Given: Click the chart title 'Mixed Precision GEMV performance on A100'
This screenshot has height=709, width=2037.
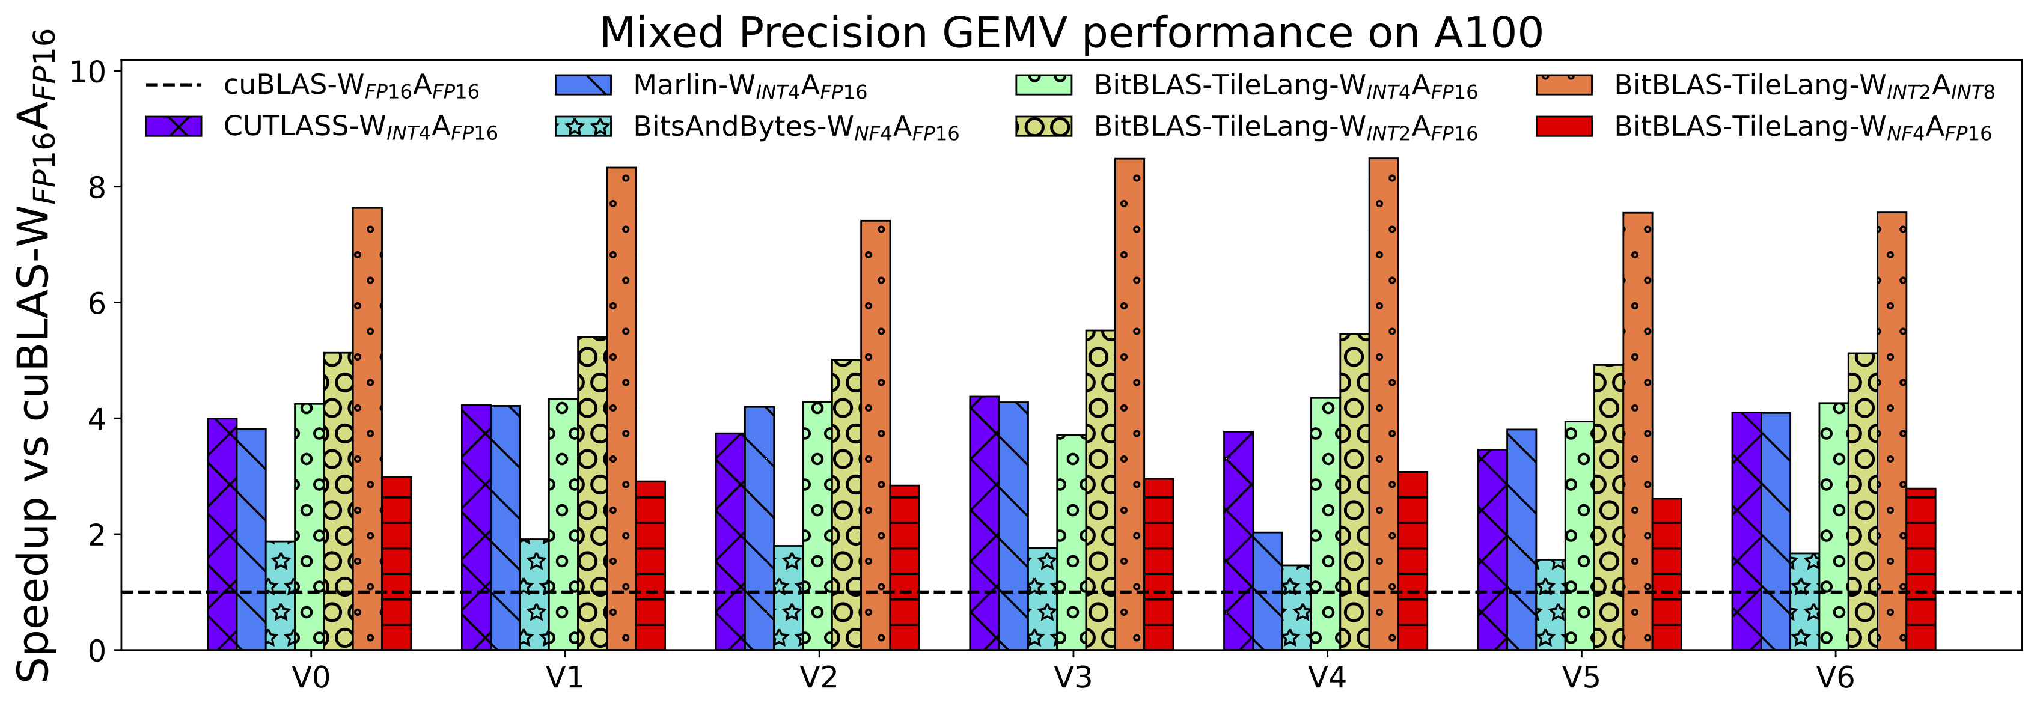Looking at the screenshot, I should (1070, 33).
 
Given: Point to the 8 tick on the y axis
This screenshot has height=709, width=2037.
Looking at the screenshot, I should (97, 187).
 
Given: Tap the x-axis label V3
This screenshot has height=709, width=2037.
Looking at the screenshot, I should (1072, 677).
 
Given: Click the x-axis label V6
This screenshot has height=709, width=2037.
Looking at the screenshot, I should (1834, 677).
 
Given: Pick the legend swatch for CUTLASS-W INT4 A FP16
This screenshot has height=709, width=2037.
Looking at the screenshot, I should (173, 126).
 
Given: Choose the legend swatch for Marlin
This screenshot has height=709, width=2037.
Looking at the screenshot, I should (583, 85).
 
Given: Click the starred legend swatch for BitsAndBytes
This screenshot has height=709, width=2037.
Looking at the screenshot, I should (583, 126).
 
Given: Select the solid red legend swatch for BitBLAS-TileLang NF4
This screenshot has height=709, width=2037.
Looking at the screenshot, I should (1563, 126).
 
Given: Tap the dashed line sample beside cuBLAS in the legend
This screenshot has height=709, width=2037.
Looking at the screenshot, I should (173, 85).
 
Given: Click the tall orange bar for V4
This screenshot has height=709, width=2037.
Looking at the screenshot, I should (1384, 403).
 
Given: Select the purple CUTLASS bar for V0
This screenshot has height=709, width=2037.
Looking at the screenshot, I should (222, 534).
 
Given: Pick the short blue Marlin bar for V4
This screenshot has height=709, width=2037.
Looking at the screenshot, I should (1268, 591).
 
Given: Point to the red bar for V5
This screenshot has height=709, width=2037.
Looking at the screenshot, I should (1667, 574).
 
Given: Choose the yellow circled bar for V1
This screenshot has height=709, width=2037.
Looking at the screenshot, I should (592, 493).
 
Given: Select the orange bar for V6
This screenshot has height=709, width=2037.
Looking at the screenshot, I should (1892, 431).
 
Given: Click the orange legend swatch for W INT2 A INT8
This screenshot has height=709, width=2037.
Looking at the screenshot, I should (1563, 85).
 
